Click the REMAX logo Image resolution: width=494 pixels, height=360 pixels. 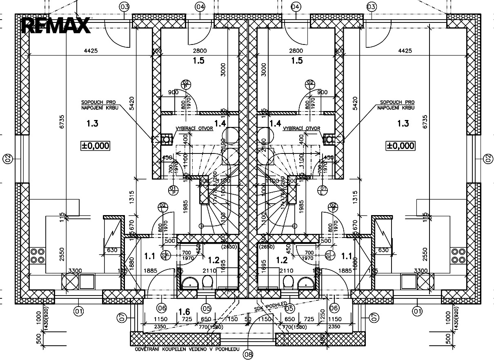pyautogui.click(x=56, y=25)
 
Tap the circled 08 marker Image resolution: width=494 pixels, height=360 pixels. pyautogui.click(x=248, y=354)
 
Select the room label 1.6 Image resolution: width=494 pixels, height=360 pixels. pyautogui.click(x=184, y=312)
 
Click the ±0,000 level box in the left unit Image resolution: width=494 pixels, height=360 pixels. pyautogui.click(x=95, y=145)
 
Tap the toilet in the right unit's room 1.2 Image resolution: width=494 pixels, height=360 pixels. pyautogui.click(x=289, y=281)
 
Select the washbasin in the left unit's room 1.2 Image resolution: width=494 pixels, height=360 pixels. pyautogui.click(x=189, y=282)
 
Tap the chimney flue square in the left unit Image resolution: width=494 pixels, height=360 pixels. pyautogui.click(x=166, y=140)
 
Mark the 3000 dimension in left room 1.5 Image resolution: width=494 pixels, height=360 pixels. pyautogui.click(x=223, y=70)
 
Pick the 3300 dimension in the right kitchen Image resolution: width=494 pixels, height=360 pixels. pyautogui.click(x=421, y=271)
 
